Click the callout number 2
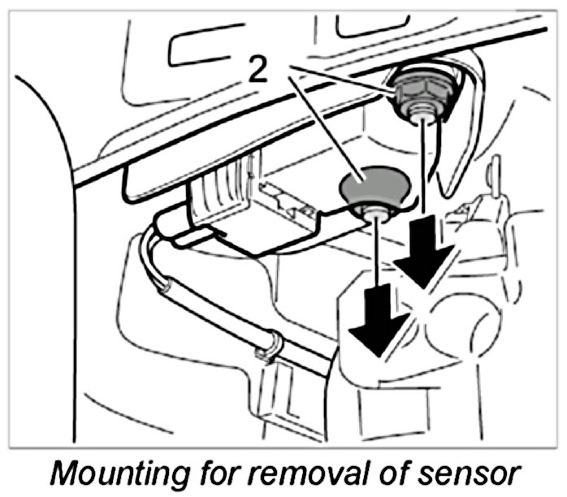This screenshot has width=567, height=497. (258, 71)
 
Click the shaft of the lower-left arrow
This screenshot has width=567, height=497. (376, 268)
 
